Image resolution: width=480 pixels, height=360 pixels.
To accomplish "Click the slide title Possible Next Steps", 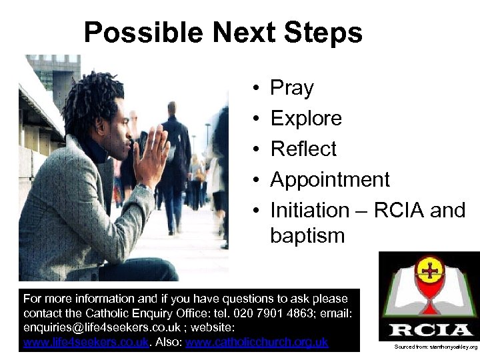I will [x=223, y=32].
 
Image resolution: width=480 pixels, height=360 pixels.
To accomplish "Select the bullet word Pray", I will [x=291, y=88].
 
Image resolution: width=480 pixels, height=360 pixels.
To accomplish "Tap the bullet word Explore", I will [x=305, y=119].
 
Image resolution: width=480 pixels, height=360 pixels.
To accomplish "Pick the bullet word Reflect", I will [x=303, y=149].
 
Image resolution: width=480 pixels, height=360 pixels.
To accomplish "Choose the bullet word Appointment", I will [x=329, y=180].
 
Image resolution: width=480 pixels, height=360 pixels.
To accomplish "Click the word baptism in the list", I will [x=307, y=235].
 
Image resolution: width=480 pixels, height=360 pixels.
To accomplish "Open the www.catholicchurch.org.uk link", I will [x=257, y=343].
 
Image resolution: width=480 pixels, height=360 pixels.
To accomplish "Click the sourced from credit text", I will [x=435, y=347].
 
